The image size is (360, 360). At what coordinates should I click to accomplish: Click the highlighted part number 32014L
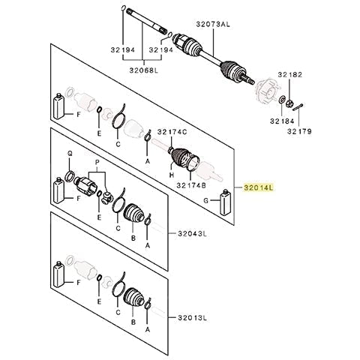point(259,187)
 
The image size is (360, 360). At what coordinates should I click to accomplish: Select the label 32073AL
point(213,24)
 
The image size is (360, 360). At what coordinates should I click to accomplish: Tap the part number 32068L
point(144,70)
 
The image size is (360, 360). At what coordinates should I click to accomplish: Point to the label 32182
point(290,74)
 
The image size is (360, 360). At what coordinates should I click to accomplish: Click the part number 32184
point(282,121)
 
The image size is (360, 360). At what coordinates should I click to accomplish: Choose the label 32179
point(299,131)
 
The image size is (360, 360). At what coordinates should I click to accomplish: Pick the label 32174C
point(172,132)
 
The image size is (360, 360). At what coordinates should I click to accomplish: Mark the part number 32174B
point(191,185)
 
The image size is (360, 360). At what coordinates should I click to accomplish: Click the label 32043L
point(193,234)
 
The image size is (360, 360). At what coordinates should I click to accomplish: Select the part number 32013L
point(193,318)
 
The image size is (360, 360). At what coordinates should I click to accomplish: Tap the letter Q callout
point(70,154)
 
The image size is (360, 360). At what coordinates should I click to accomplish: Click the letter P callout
point(97,163)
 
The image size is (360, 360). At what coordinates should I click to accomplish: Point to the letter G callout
point(206,200)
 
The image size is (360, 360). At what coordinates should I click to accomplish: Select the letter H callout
point(172,175)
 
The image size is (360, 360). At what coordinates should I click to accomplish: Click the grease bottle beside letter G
point(225,202)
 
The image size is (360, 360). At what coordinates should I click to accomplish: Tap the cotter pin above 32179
point(298,106)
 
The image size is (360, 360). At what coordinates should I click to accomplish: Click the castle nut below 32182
point(289,103)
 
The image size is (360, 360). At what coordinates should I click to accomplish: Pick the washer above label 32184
point(281,100)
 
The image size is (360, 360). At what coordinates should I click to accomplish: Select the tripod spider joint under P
point(107,197)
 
